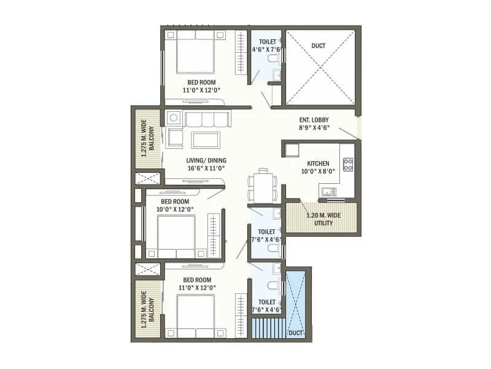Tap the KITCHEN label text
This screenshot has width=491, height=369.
pyautogui.click(x=319, y=164)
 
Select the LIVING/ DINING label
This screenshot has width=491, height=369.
pyautogui.click(x=206, y=159)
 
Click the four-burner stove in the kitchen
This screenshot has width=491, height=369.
pyautogui.click(x=348, y=164)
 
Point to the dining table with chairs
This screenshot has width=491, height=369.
pyautogui.click(x=262, y=185)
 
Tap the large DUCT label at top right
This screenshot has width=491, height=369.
pyautogui.click(x=319, y=46)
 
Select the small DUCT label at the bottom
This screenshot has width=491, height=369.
pyautogui.click(x=295, y=333)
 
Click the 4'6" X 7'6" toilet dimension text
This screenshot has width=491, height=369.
pyautogui.click(x=266, y=50)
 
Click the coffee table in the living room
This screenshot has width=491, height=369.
pyautogui.click(x=206, y=140)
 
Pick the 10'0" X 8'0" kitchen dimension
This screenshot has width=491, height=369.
pyautogui.click(x=319, y=172)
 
